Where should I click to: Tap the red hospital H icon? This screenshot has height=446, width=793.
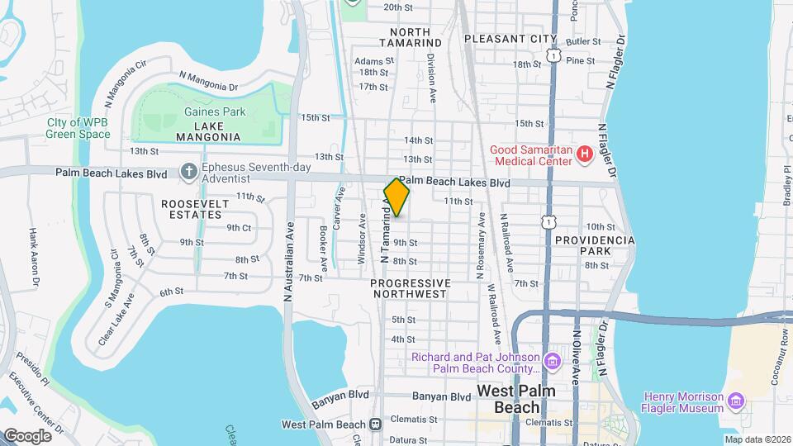(x=585, y=154)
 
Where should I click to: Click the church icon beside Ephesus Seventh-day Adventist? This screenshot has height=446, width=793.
(x=189, y=173)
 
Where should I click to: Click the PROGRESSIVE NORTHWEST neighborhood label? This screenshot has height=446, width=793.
(x=411, y=289)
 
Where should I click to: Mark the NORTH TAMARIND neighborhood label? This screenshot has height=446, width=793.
(x=411, y=36)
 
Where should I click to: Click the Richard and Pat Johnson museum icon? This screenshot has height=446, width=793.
(x=552, y=361)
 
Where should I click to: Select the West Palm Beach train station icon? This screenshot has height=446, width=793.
(x=376, y=425)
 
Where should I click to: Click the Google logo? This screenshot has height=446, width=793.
(x=27, y=435)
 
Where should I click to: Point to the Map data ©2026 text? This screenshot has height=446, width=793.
(x=757, y=439)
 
